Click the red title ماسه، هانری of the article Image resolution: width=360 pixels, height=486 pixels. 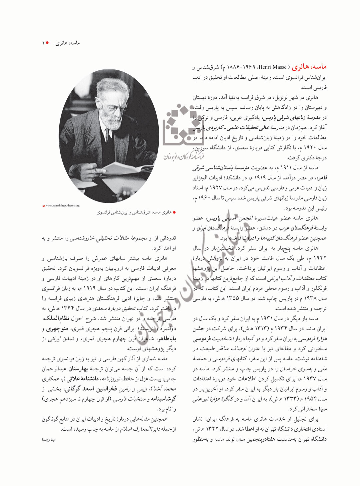pos(309,67)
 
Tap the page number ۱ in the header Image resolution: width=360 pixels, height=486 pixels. pos(43,43)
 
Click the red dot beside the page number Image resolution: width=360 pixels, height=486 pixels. pos(48,43)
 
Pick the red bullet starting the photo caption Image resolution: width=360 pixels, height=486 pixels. pos(174,212)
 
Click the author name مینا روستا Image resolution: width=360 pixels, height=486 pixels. pos(49,439)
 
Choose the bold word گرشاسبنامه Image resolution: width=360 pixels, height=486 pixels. pos(163,399)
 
